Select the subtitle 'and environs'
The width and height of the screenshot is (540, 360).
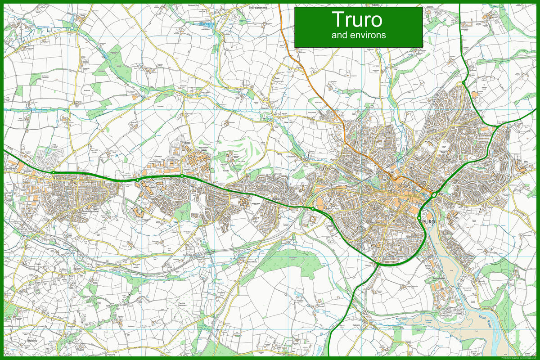point(358,35)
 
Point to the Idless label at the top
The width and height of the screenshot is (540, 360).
point(376,5)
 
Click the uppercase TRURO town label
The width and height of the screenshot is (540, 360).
point(425,222)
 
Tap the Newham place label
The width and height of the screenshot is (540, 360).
point(432,279)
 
